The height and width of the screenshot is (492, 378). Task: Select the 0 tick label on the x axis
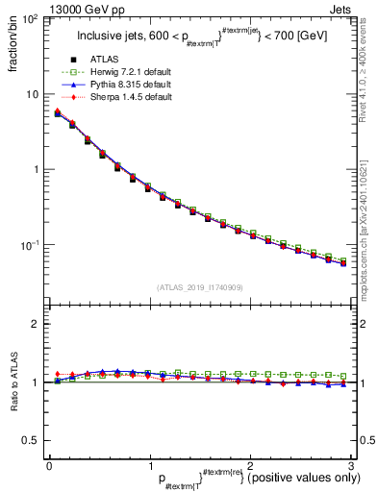(48, 466)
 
